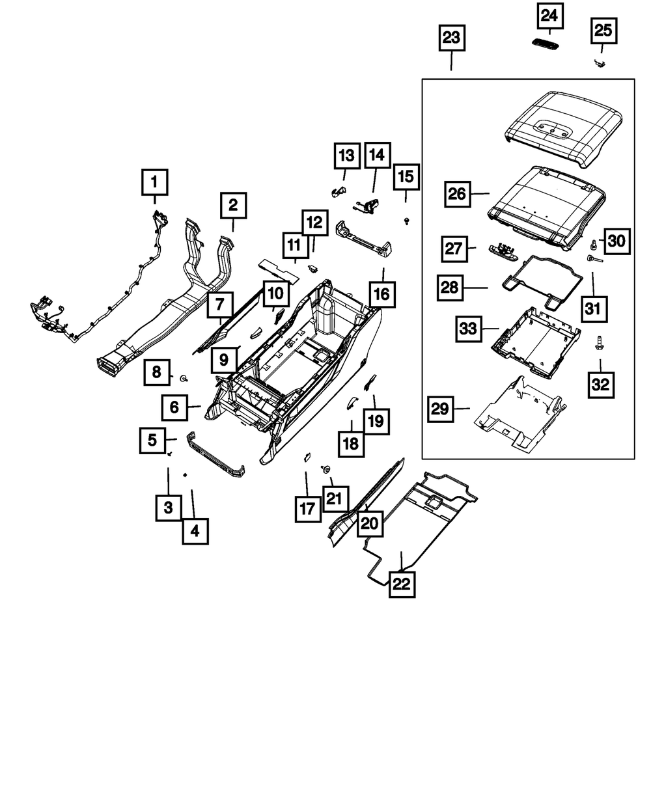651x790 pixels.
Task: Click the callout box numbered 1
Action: pyautogui.click(x=154, y=182)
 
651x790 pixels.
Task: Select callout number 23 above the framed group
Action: pyautogui.click(x=451, y=38)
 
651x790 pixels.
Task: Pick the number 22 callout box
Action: pyautogui.click(x=401, y=584)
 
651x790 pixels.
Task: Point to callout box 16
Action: pyautogui.click(x=381, y=295)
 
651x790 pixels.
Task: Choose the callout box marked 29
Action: pyautogui.click(x=441, y=409)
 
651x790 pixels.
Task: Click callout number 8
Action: pyautogui.click(x=156, y=372)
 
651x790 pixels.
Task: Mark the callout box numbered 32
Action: pyautogui.click(x=600, y=384)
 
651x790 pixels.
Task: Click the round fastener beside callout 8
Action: pyautogui.click(x=185, y=377)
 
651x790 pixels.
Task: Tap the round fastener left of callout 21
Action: pyautogui.click(x=324, y=469)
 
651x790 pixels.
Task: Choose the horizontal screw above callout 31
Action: pyautogui.click(x=596, y=259)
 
